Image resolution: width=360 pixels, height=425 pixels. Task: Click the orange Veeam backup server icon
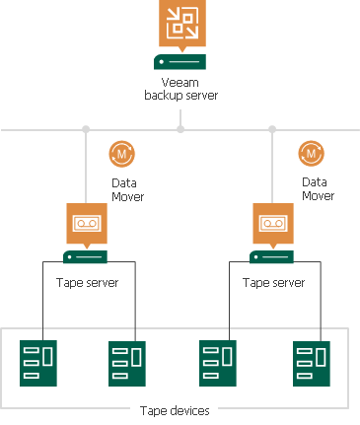pyautogui.click(x=180, y=25)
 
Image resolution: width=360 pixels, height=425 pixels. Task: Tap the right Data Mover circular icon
pyautogui.click(x=312, y=155)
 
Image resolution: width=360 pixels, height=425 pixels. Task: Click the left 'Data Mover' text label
pyautogui.click(x=126, y=189)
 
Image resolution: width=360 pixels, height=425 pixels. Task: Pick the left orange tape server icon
pyautogui.click(x=86, y=223)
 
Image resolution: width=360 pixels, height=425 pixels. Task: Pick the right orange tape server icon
pyautogui.click(x=273, y=223)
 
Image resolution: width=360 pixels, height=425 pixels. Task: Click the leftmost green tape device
pyautogui.click(x=38, y=363)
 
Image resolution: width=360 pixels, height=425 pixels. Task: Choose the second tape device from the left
pyautogui.click(x=127, y=364)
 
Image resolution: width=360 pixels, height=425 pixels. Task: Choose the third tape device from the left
pyautogui.click(x=217, y=363)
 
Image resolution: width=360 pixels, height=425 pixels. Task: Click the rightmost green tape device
pyautogui.click(x=310, y=364)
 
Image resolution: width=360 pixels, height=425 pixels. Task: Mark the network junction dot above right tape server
pyautogui.click(x=273, y=129)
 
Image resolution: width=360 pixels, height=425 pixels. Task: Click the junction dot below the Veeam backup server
pyautogui.click(x=180, y=129)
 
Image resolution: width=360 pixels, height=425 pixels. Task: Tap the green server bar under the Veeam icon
pyautogui.click(x=180, y=62)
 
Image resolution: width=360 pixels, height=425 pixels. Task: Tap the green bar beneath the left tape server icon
pyautogui.click(x=86, y=256)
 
